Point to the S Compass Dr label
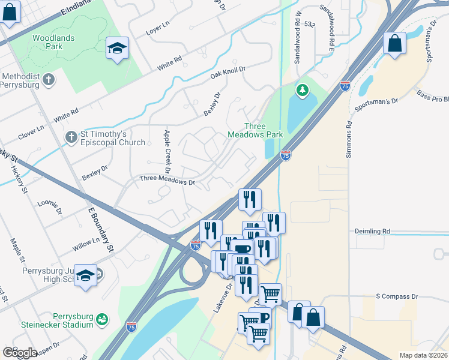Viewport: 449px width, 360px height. click(x=396, y=296)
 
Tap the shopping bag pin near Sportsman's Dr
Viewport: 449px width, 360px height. click(x=394, y=43)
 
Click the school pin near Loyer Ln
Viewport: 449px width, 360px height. click(x=117, y=48)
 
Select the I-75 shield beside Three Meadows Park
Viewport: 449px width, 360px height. click(x=286, y=155)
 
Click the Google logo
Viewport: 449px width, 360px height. click(x=20, y=352)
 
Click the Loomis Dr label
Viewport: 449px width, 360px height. click(x=50, y=207)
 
